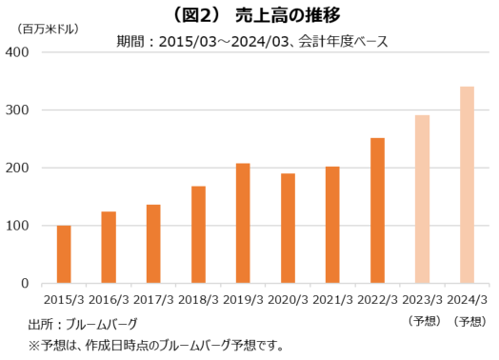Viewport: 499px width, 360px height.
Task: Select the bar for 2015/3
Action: (x=64, y=254)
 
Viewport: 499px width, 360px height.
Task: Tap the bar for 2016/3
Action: (x=109, y=248)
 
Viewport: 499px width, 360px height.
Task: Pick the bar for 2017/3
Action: (x=153, y=244)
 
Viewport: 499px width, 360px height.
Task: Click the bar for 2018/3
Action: (x=198, y=234)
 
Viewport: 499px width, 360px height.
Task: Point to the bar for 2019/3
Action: (x=243, y=224)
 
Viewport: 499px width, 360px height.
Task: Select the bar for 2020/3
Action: (x=288, y=229)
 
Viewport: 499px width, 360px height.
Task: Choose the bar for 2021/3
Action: (x=332, y=225)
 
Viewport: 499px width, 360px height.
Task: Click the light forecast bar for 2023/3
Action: (x=422, y=199)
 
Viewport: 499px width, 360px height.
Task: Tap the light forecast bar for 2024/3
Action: (x=467, y=185)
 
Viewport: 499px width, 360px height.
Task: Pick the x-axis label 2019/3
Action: (x=243, y=300)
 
